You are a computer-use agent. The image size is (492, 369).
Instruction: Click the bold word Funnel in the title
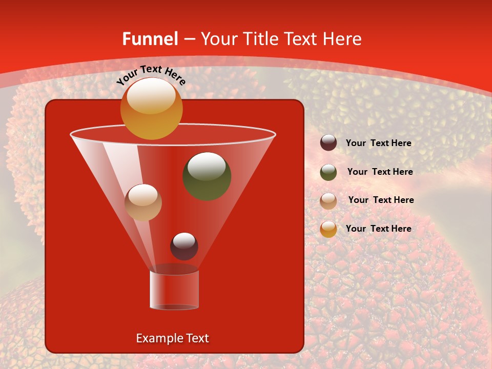(150, 39)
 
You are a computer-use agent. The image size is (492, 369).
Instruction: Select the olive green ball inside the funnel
(207, 176)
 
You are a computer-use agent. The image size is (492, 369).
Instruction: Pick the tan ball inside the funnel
(143, 202)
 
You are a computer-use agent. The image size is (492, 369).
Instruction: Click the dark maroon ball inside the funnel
(184, 247)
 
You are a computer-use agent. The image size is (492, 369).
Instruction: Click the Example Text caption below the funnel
(172, 338)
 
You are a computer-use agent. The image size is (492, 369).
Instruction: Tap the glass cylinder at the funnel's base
(174, 290)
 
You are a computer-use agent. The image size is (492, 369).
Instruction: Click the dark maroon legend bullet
(329, 143)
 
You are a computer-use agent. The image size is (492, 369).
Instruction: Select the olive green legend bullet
(329, 172)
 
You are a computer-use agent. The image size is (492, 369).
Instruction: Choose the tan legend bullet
(329, 200)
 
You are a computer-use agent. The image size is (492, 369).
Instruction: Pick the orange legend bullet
(329, 229)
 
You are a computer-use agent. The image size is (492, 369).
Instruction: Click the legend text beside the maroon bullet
(378, 143)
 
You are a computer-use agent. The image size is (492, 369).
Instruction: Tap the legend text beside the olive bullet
(380, 172)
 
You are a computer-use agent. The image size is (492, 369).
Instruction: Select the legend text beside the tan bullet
(381, 200)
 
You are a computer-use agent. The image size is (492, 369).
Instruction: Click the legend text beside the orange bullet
(378, 229)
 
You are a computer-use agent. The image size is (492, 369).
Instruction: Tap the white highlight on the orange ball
(151, 96)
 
